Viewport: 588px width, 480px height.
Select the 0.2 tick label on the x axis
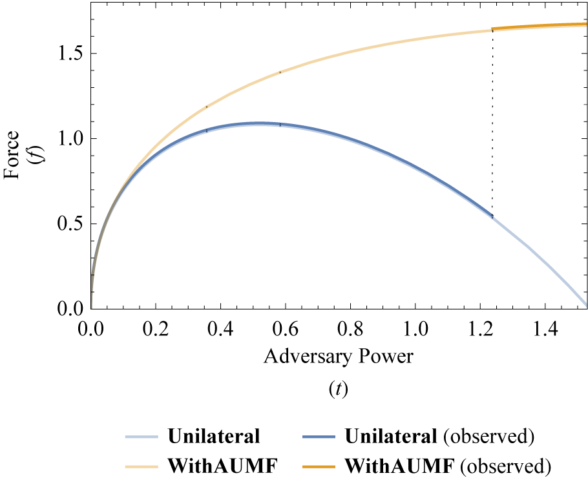click(156, 331)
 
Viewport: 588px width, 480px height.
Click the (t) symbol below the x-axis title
click(339, 390)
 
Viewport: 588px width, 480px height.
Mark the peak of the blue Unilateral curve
click(260, 123)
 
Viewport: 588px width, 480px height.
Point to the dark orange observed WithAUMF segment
click(540, 26)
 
